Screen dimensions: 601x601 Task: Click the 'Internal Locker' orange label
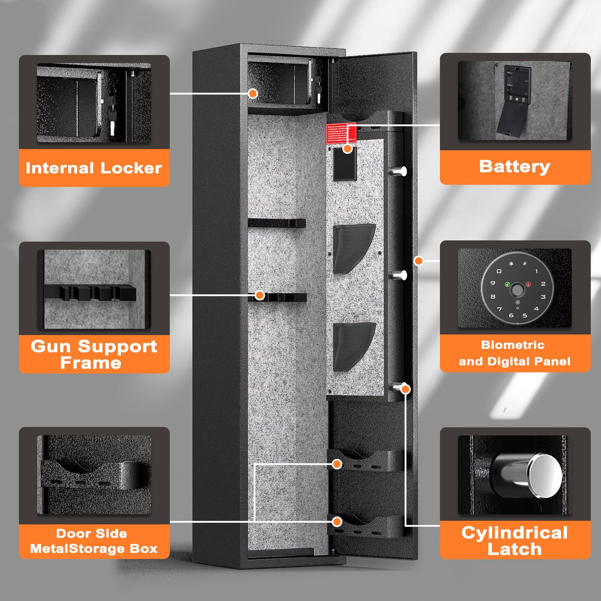94,168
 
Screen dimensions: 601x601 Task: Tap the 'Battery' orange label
515,167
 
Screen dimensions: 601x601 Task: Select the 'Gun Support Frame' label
94,354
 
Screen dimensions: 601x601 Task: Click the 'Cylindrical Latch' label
515,541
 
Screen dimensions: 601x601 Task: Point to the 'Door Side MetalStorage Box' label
94,541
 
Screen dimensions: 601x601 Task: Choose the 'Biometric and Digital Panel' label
515,353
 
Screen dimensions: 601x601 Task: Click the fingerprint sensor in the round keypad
517,290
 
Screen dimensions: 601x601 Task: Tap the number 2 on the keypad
543,284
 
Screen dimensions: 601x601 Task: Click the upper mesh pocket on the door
353,248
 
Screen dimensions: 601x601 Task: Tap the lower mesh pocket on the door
353,346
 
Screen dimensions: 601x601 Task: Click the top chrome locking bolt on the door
399,171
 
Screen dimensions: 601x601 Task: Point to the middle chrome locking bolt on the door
399,275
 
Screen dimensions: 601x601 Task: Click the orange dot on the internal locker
253,93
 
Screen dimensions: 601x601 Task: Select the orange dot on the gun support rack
259,296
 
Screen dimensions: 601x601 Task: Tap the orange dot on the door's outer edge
418,260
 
